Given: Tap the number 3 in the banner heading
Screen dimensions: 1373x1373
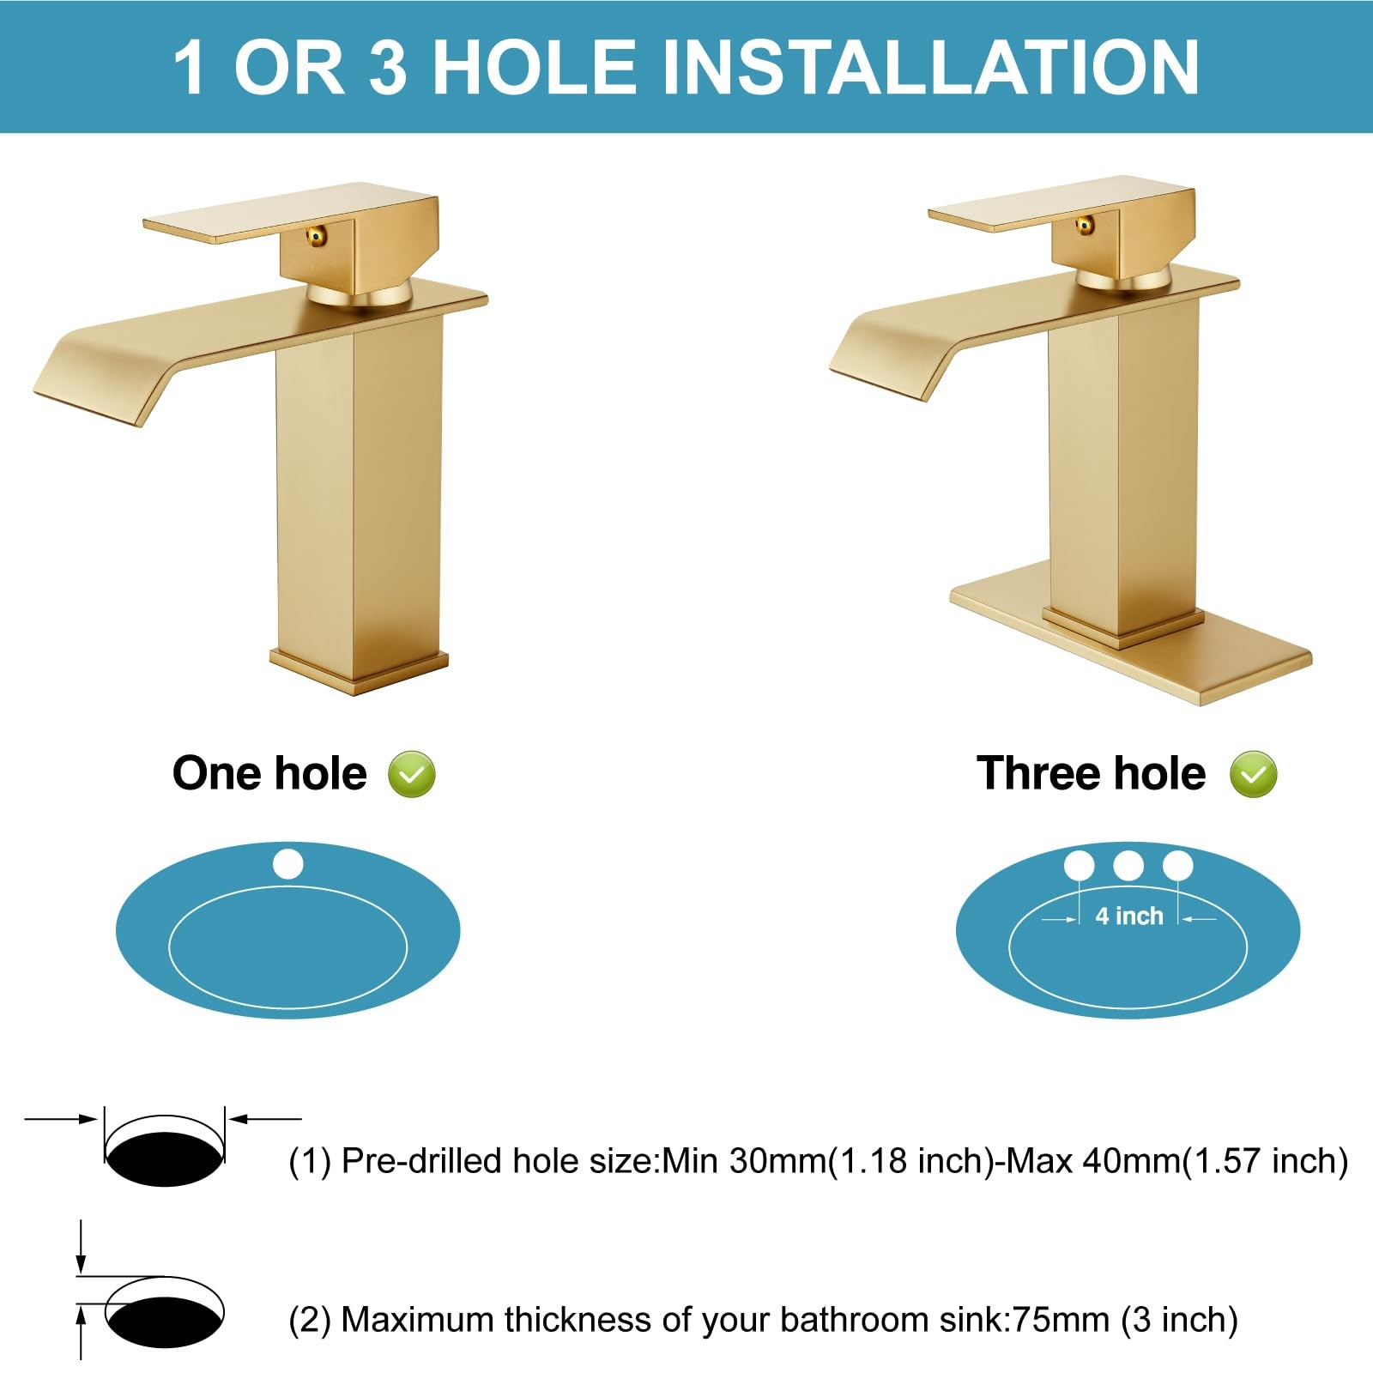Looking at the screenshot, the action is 388,67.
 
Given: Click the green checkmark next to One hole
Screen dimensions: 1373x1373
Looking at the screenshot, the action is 412,774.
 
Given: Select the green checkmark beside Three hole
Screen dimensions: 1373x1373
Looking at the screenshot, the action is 1253,774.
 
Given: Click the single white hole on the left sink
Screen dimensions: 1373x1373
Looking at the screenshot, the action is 288,863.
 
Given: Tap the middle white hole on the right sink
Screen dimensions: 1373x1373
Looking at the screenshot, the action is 1128,866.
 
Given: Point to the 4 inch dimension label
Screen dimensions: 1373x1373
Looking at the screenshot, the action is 1129,916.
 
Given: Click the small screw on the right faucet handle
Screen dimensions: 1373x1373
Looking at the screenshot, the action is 1085,225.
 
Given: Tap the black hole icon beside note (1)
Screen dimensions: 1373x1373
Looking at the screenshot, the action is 165,1159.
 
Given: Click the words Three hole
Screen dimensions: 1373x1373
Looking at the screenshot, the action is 1092,773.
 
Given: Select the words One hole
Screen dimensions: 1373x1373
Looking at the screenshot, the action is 269,773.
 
